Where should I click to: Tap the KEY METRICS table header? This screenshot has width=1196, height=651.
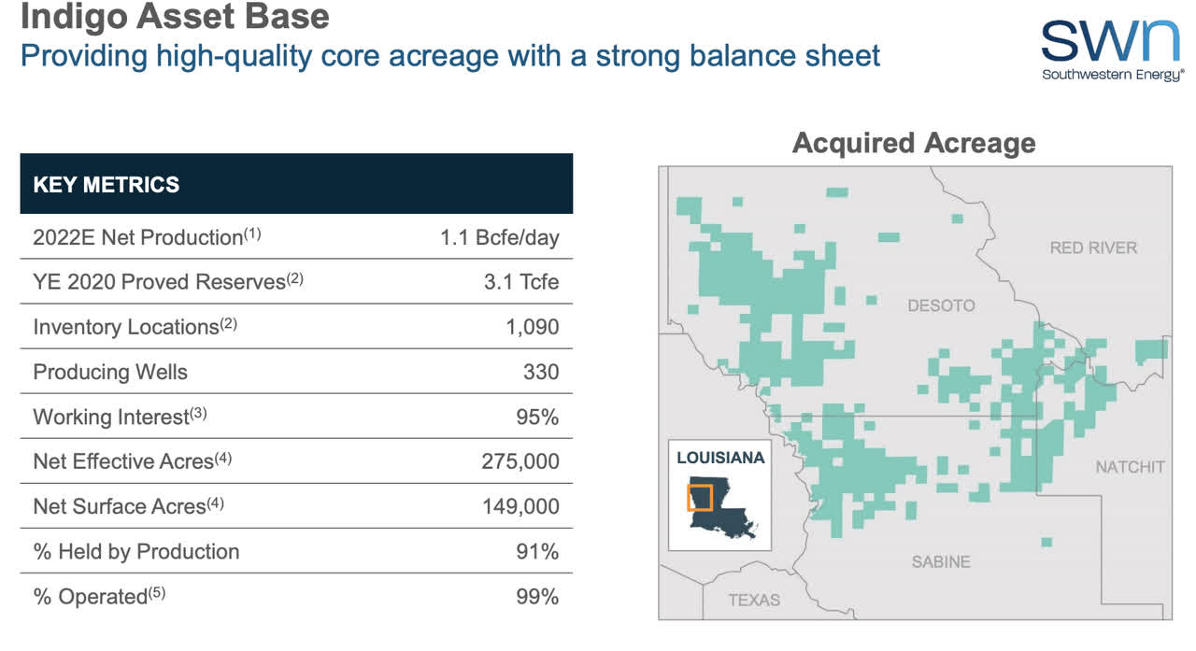tap(107, 184)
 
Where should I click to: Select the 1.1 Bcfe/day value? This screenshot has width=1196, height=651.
tap(499, 237)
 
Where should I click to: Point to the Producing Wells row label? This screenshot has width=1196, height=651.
tap(110, 372)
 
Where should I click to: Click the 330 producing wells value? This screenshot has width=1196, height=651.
tap(541, 372)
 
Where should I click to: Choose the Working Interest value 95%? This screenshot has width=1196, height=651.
tap(537, 417)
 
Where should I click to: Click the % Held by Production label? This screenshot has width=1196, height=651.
tap(136, 551)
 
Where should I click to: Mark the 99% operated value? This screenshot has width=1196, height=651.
tap(537, 596)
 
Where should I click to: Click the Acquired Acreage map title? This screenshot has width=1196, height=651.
tap(914, 143)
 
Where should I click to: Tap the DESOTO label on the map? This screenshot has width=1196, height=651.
tap(941, 305)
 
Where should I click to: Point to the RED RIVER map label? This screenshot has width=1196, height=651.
tap(1093, 248)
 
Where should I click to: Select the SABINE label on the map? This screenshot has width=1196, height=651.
tap(941, 561)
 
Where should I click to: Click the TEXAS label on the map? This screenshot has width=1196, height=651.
tap(754, 599)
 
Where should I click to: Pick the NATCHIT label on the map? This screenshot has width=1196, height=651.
tap(1130, 466)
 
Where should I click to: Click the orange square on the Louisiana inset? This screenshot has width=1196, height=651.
tap(699, 498)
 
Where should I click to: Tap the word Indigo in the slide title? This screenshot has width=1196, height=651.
tap(69, 16)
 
